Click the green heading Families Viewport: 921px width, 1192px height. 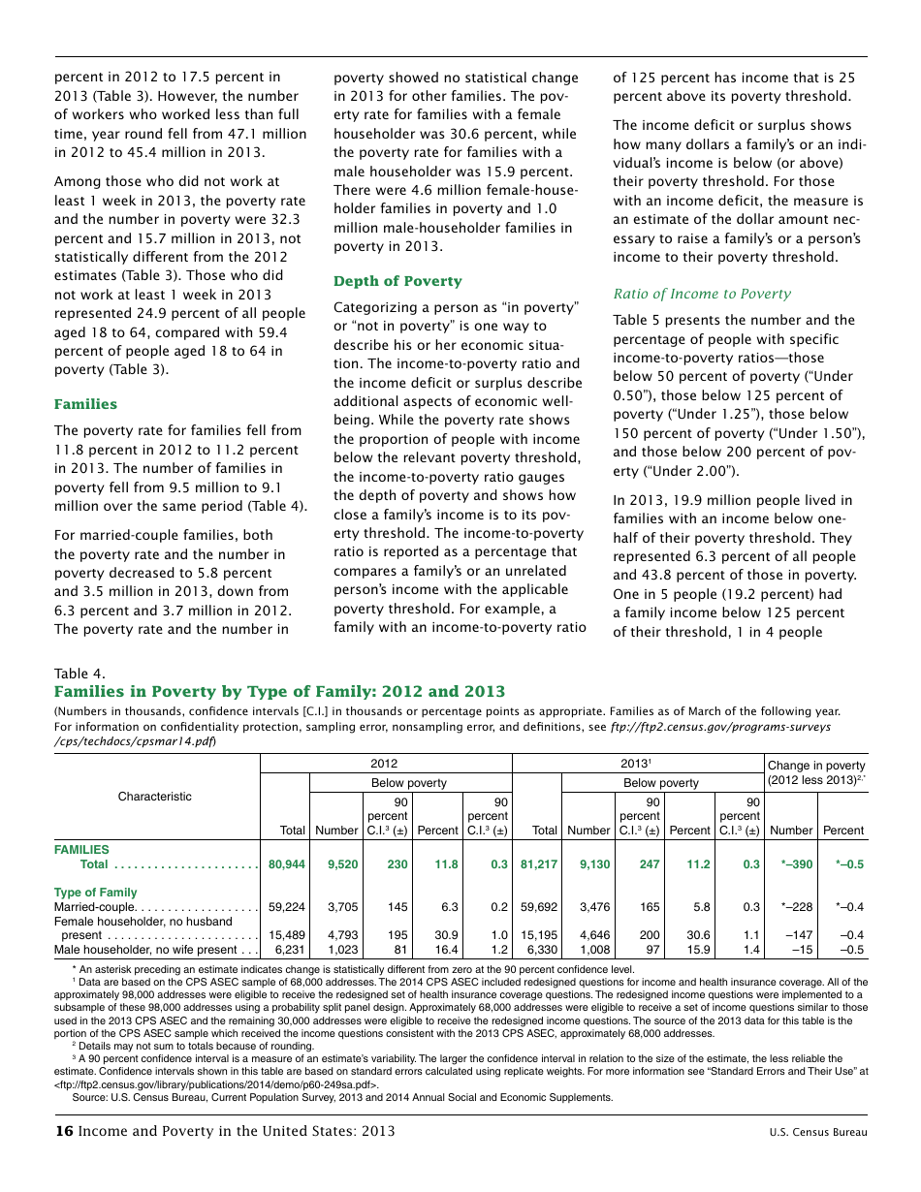tap(85, 404)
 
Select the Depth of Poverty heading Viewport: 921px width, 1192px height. tap(397, 281)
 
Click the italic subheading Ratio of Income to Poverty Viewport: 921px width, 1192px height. tap(702, 294)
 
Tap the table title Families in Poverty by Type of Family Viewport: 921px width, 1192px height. tap(279, 691)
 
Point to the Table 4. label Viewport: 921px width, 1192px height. tap(79, 674)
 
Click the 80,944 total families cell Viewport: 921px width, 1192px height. tap(287, 864)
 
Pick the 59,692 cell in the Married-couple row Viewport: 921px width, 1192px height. tap(539, 907)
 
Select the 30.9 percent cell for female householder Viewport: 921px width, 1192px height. tap(445, 935)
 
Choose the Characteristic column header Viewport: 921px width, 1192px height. tap(155, 797)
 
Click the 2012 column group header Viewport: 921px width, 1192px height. tap(384, 764)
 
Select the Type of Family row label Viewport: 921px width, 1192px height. tap(95, 893)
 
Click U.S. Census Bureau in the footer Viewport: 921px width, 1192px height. tap(817, 1132)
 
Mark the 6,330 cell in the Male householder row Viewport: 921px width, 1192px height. tap(542, 951)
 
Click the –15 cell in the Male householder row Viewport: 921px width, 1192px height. tap(802, 951)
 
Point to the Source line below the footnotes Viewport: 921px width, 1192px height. tap(342, 1097)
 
